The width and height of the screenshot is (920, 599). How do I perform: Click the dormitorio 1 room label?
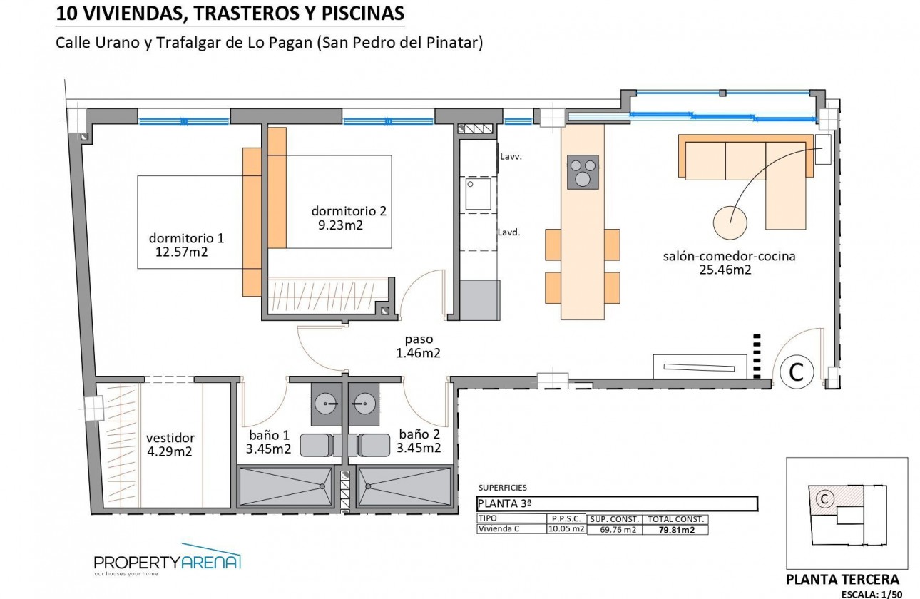coord(186,237)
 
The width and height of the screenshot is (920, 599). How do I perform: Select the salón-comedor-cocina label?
coord(729,256)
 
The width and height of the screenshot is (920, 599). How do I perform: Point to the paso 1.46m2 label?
coord(418,339)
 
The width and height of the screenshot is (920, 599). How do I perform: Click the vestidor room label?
coord(170,438)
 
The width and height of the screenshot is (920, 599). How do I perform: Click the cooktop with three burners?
coord(583,172)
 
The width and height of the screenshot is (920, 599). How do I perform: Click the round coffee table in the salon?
coord(730,222)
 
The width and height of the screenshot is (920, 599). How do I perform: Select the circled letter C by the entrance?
coord(797,371)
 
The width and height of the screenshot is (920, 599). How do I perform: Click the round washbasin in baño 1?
coord(328,404)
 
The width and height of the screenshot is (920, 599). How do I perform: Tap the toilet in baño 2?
coord(372,445)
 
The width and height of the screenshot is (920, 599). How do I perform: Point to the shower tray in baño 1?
coord(285,488)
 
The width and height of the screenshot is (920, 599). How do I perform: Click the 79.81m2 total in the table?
coord(675,530)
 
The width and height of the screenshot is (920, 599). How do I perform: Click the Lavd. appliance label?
coord(508,232)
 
